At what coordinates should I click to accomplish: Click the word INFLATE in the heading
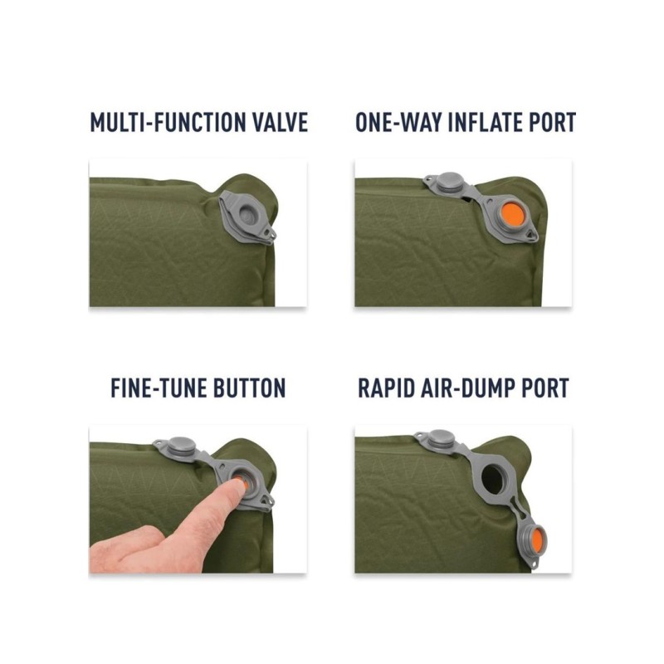478,123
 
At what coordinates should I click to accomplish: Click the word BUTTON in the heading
249,388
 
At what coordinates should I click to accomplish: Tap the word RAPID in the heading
386,388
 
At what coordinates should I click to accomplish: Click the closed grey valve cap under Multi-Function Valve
247,215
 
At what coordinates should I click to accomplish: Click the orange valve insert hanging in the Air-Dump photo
537,539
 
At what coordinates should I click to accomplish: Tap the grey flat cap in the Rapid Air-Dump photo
442,439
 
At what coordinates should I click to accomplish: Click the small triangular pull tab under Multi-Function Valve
268,233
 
